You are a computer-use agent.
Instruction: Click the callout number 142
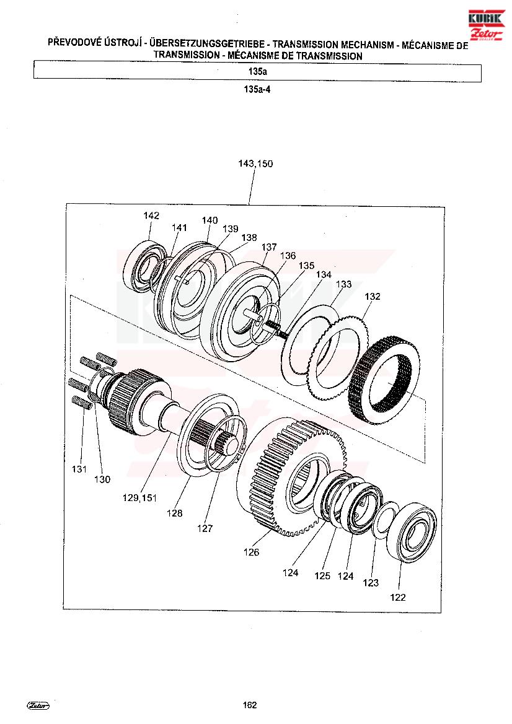pyautogui.click(x=151, y=216)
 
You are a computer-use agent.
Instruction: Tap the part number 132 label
pyautogui.click(x=373, y=297)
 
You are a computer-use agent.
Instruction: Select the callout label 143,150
pyautogui.click(x=255, y=164)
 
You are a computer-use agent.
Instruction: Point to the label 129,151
pyautogui.click(x=139, y=498)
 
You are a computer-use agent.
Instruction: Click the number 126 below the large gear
pyautogui.click(x=252, y=552)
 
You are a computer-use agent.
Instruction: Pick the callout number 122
pyautogui.click(x=398, y=598)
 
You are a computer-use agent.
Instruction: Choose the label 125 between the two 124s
pyautogui.click(x=322, y=576)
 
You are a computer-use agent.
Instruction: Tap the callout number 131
pyautogui.click(x=79, y=469)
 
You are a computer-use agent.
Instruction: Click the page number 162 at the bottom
pyautogui.click(x=250, y=705)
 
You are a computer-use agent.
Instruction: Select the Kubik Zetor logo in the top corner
pyautogui.click(x=486, y=26)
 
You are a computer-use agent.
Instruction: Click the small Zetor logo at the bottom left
pyautogui.click(x=39, y=705)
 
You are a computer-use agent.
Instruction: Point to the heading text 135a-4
pyautogui.click(x=257, y=90)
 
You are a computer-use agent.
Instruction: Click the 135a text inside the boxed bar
pyautogui.click(x=257, y=72)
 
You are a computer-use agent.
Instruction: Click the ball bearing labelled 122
pyautogui.click(x=412, y=534)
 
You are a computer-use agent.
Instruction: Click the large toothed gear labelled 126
pyautogui.click(x=291, y=476)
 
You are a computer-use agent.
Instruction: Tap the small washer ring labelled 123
pyautogui.click(x=384, y=520)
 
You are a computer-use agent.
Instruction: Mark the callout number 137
pyautogui.click(x=269, y=247)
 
